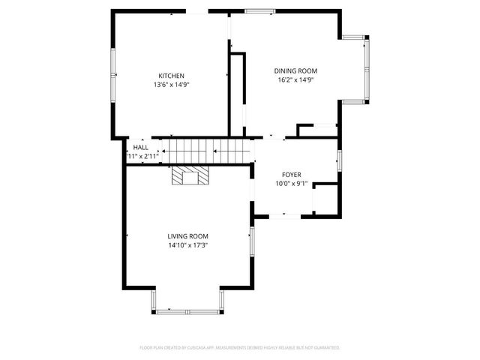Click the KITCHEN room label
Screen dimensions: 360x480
171,76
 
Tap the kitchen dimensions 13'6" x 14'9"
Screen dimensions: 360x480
171,85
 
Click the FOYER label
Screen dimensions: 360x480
291,174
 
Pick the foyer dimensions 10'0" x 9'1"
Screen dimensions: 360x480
291,183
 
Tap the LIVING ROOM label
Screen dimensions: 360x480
187,236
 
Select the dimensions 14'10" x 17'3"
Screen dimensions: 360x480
187,245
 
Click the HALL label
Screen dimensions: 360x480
140,148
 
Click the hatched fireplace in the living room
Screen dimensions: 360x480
187,176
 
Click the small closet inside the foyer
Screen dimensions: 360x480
325,199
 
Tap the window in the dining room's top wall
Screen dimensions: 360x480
259,11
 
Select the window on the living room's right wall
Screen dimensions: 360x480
251,244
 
